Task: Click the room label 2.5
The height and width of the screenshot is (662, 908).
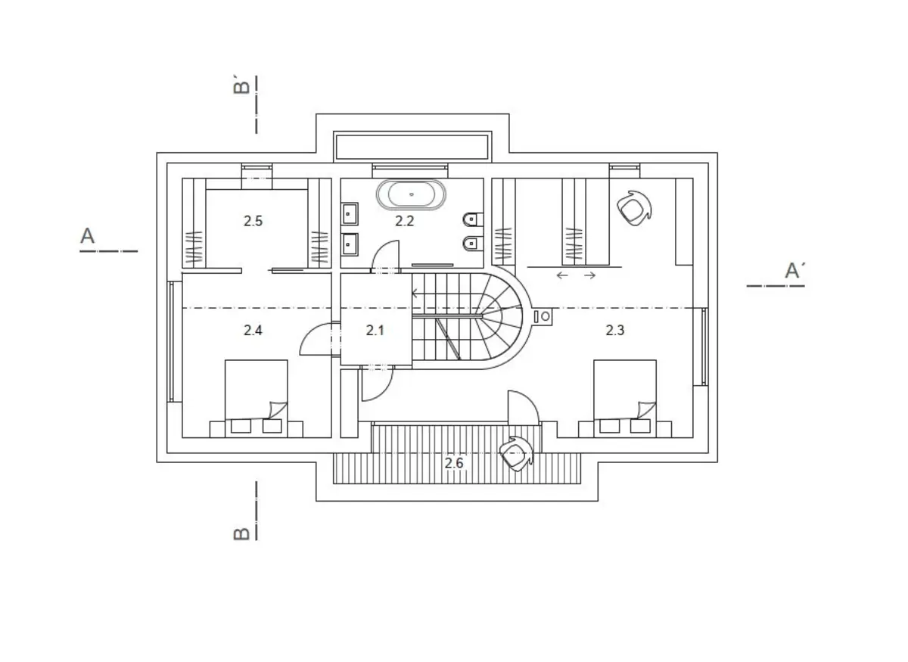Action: (253, 221)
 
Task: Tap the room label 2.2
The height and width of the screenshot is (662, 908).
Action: (405, 221)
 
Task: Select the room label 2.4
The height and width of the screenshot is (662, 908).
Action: (253, 331)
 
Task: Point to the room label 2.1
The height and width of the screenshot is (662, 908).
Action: (375, 331)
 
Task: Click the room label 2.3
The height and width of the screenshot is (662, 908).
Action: (615, 331)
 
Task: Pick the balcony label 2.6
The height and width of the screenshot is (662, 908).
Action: (453, 463)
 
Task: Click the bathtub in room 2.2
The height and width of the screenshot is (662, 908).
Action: (411, 194)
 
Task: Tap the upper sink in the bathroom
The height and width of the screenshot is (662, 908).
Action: (350, 213)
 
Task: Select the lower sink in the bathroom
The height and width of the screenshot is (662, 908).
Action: (350, 244)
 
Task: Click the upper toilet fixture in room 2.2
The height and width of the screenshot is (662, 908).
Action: (473, 219)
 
